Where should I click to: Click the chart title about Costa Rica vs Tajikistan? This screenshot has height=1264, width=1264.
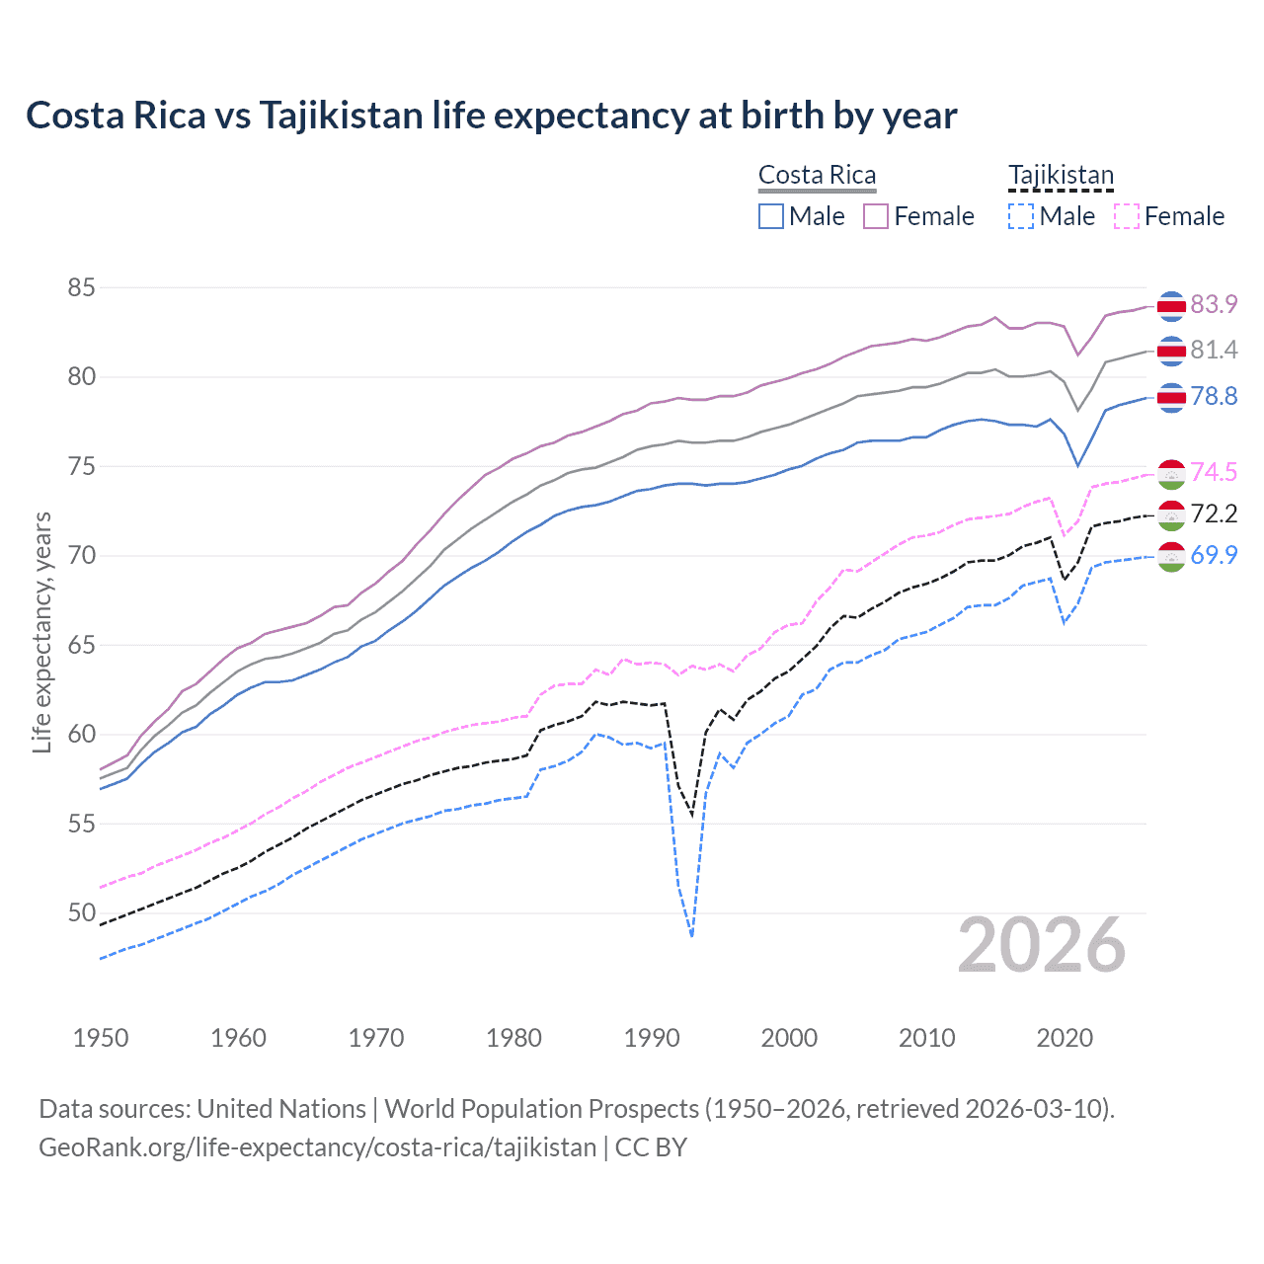[491, 116]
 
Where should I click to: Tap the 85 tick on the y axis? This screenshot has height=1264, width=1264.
[81, 287]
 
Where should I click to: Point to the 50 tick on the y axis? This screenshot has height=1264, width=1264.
[81, 912]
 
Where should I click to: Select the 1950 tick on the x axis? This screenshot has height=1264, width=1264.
[101, 1038]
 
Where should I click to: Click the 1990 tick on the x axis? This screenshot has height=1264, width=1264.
[652, 1038]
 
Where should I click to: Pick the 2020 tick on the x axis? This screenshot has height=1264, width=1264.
[1065, 1038]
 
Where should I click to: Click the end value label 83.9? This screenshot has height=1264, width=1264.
[1214, 304]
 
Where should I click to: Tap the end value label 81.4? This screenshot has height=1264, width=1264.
[1214, 350]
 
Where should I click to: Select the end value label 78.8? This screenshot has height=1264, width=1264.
[1214, 396]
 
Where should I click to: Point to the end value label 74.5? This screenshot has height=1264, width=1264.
[1214, 472]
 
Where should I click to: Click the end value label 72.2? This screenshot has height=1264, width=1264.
[1214, 513]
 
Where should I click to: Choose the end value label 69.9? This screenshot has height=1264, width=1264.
[1214, 555]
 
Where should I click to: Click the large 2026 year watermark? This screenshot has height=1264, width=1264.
[1042, 945]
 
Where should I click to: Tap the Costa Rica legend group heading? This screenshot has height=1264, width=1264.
[817, 175]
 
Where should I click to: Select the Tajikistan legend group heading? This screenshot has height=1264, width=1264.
[1061, 175]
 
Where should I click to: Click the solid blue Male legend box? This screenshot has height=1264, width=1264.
[771, 216]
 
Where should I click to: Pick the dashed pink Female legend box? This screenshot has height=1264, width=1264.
[1127, 216]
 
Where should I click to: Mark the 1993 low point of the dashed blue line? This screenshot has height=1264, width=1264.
[692, 934]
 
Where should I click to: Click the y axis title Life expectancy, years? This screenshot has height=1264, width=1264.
[41, 632]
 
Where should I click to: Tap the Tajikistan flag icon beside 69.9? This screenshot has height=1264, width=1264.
[1171, 556]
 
